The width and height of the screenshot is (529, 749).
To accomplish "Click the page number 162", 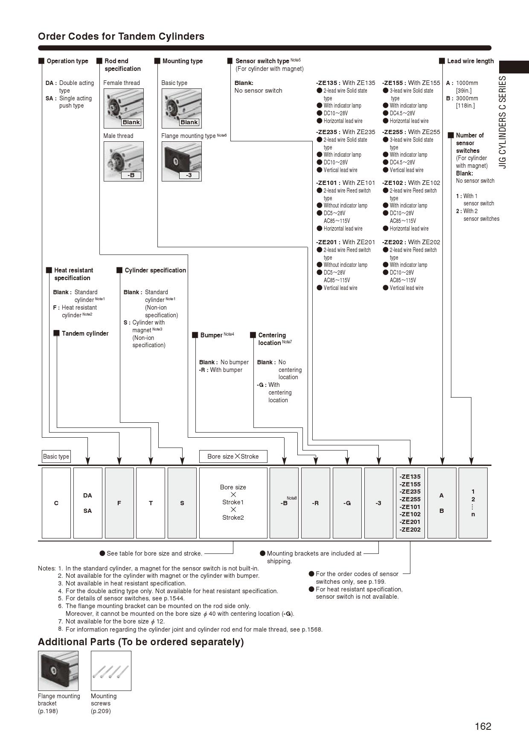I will click(x=483, y=726).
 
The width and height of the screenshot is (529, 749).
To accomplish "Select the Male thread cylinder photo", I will click(x=123, y=161).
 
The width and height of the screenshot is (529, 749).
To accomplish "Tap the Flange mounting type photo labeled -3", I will click(x=181, y=161).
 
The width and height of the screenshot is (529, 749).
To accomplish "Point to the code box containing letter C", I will click(x=56, y=503).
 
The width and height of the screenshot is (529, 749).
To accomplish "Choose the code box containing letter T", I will click(x=151, y=503).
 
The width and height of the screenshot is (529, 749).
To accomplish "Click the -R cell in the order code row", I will click(x=315, y=503).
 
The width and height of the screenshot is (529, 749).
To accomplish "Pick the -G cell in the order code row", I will click(x=347, y=503).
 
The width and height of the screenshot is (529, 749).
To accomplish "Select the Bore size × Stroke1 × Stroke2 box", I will click(x=233, y=503).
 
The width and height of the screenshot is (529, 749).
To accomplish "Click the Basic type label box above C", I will click(x=56, y=456).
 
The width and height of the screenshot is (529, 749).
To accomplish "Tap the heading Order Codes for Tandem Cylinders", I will click(x=121, y=36).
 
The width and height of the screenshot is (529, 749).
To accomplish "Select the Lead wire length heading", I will click(x=470, y=61).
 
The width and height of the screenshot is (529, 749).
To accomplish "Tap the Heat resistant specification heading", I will click(x=73, y=274).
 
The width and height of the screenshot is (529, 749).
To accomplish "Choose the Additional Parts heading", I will click(x=141, y=642).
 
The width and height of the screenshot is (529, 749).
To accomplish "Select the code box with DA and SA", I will click(x=87, y=503).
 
